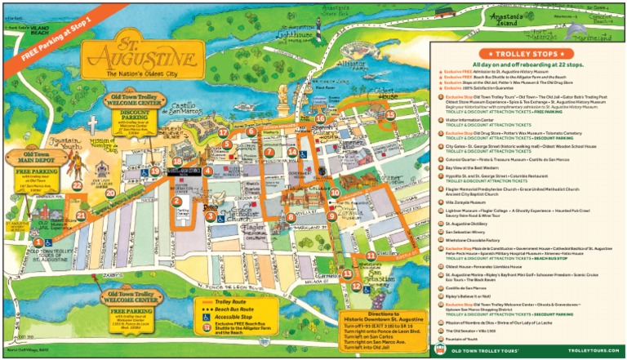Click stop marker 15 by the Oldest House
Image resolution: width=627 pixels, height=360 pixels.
390,115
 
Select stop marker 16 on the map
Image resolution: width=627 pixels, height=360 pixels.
320,119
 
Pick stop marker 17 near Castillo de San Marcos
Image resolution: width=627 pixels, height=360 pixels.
223,131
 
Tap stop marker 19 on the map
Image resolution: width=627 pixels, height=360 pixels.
154,171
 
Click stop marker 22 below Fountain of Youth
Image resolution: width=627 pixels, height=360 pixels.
77,185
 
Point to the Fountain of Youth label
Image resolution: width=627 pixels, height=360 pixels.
64,144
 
